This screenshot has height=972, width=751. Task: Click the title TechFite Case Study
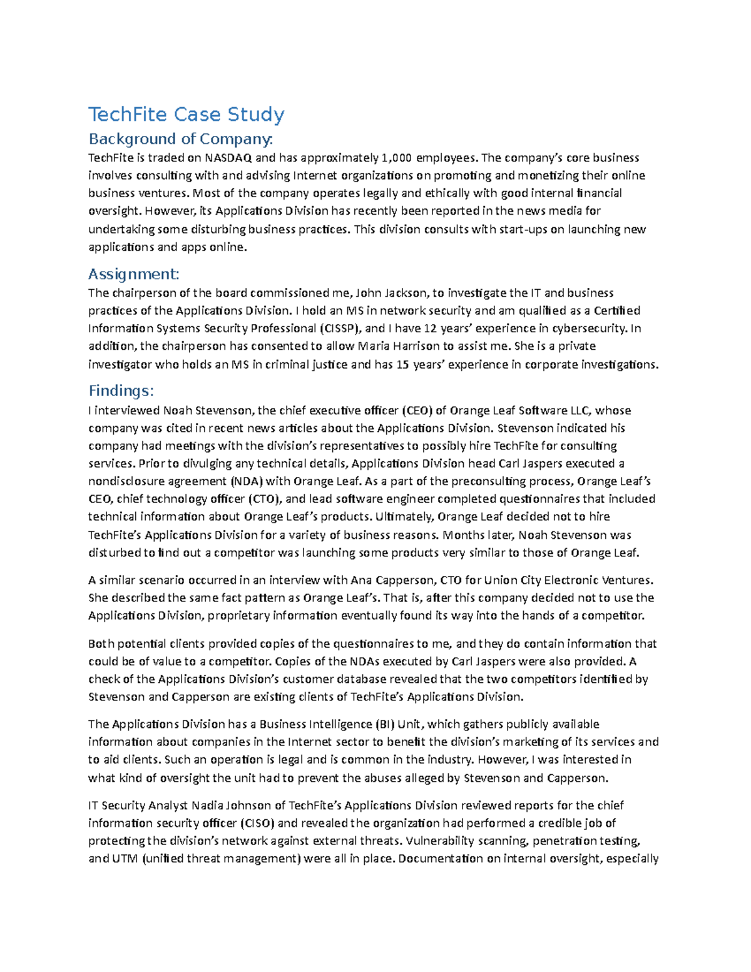[x=186, y=115]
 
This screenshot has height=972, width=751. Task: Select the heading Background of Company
[x=180, y=138]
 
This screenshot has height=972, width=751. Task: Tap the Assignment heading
[x=133, y=274]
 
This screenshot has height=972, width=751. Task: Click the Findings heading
[x=121, y=391]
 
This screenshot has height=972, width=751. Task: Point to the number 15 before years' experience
[x=403, y=364]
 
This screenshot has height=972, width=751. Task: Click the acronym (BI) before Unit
[x=384, y=724]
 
